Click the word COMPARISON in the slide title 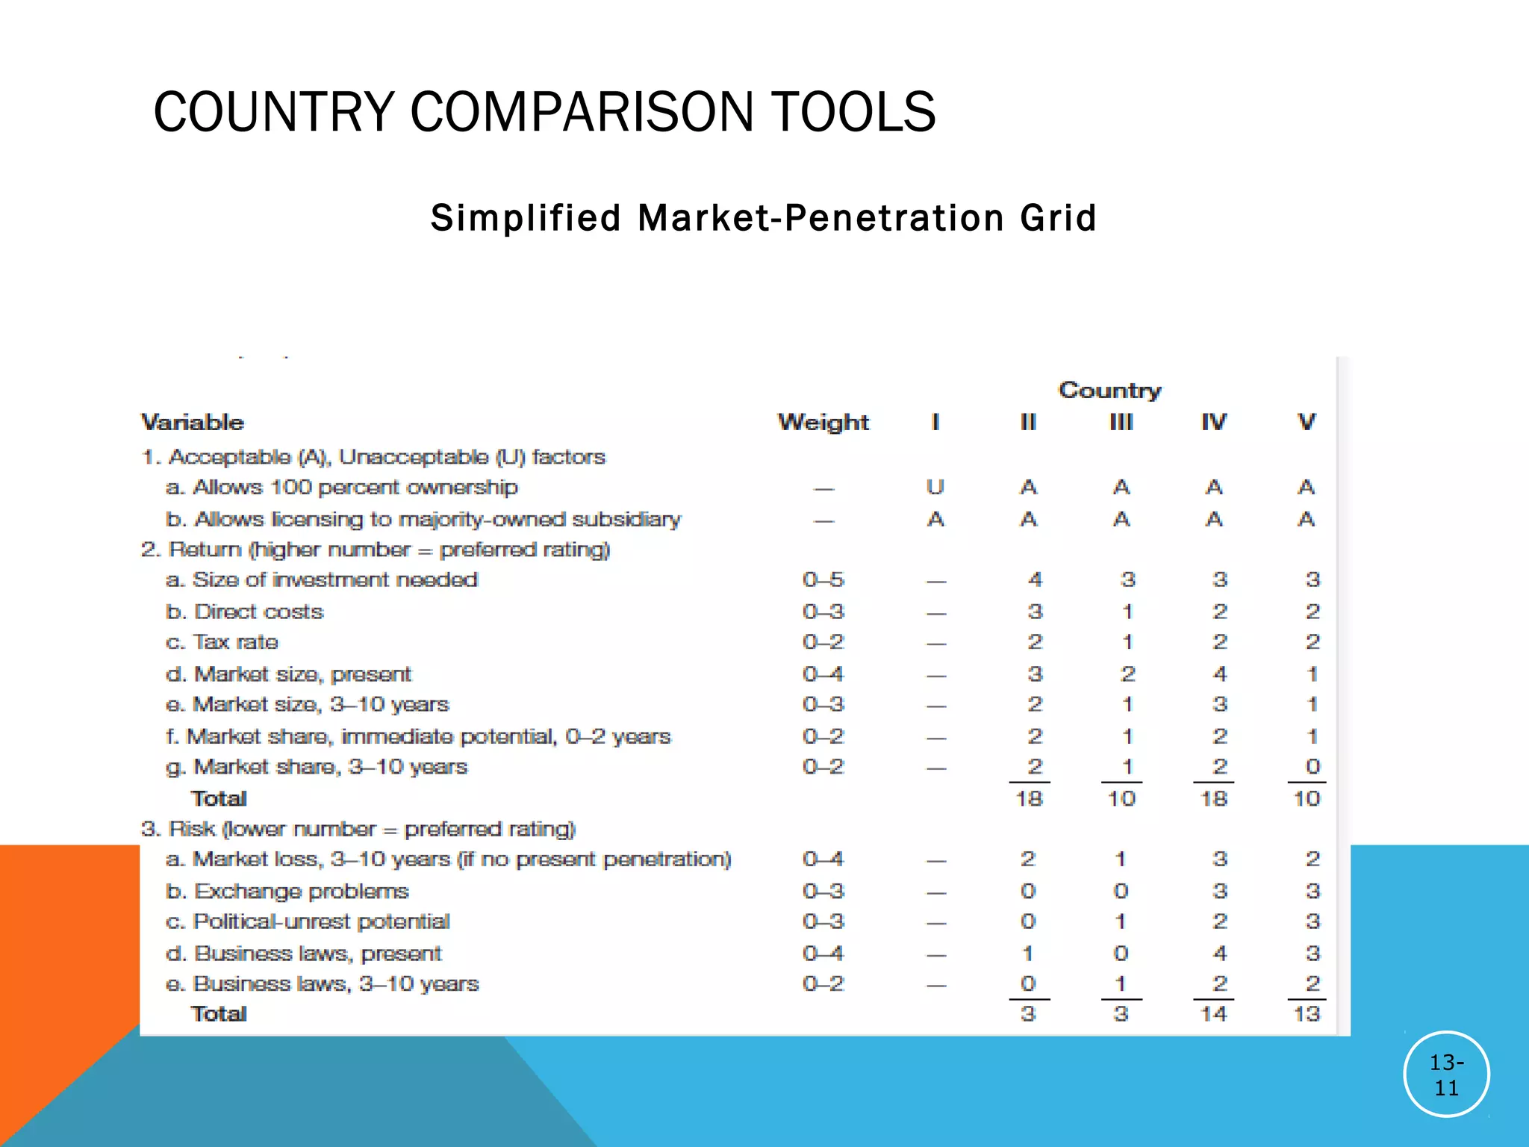point(582,112)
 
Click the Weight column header point(823,422)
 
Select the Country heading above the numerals point(1110,390)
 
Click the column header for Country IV point(1214,422)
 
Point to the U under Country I point(935,487)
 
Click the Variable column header point(193,422)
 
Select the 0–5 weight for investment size point(823,579)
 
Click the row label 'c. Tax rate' point(222,642)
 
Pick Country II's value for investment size point(1035,579)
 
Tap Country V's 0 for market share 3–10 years point(1312,766)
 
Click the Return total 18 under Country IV point(1214,798)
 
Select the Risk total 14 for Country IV point(1214,1013)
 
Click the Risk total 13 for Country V point(1307,1013)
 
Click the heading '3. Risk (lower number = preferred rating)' point(358,829)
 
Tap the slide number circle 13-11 point(1446,1075)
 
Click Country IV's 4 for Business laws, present point(1220,953)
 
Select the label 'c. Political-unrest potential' point(308,921)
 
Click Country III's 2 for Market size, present point(1127,674)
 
